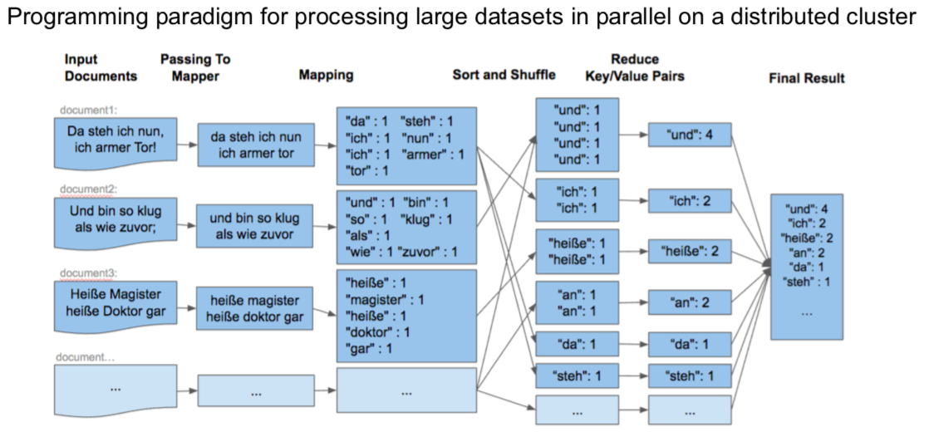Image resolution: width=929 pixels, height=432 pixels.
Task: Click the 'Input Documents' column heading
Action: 101,67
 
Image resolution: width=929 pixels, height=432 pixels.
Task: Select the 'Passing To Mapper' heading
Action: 194,67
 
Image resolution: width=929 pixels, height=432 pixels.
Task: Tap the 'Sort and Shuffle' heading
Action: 504,75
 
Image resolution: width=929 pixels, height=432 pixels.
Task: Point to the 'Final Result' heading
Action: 806,78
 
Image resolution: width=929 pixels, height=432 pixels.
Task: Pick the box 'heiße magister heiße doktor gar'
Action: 251,307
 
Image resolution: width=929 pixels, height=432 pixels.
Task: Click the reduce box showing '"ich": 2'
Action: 690,200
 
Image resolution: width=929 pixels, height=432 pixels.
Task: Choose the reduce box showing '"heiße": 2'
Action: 690,248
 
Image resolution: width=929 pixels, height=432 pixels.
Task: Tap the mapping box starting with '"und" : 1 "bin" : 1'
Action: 406,227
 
